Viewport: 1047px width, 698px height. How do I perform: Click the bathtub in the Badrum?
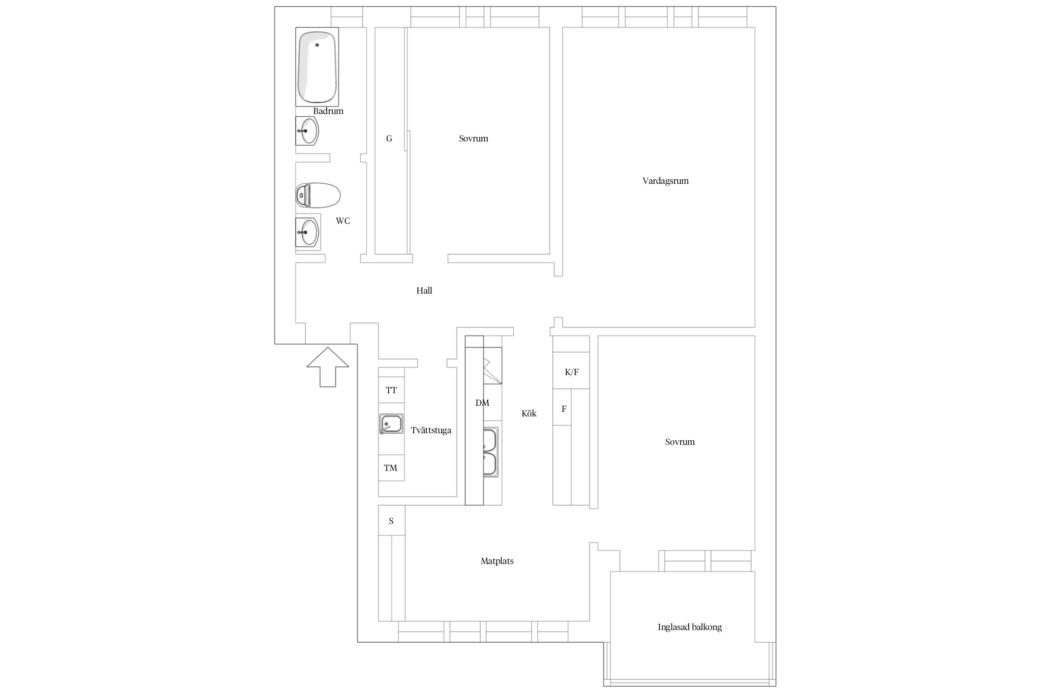[317, 67]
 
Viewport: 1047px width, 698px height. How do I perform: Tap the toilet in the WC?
[318, 195]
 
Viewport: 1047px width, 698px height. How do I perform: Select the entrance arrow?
[328, 367]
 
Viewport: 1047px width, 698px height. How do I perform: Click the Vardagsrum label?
[665, 181]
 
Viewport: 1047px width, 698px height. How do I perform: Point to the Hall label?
[424, 291]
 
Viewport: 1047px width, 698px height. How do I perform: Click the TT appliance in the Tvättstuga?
[391, 390]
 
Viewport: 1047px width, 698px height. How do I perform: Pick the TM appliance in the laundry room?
[391, 468]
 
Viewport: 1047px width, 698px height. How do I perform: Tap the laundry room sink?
[391, 424]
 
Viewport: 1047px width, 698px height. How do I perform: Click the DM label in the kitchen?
[483, 403]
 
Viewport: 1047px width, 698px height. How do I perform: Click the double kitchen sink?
[490, 452]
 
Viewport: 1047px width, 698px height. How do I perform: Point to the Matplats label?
[497, 561]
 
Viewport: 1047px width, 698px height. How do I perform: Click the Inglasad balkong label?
[690, 627]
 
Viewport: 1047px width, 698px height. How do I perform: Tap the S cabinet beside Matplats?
[391, 520]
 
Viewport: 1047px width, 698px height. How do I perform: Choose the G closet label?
[389, 139]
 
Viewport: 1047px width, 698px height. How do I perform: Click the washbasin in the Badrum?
[307, 131]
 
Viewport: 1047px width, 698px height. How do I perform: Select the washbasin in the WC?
[307, 232]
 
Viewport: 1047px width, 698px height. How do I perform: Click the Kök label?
[529, 414]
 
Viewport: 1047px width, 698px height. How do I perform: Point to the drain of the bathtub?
[317, 45]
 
